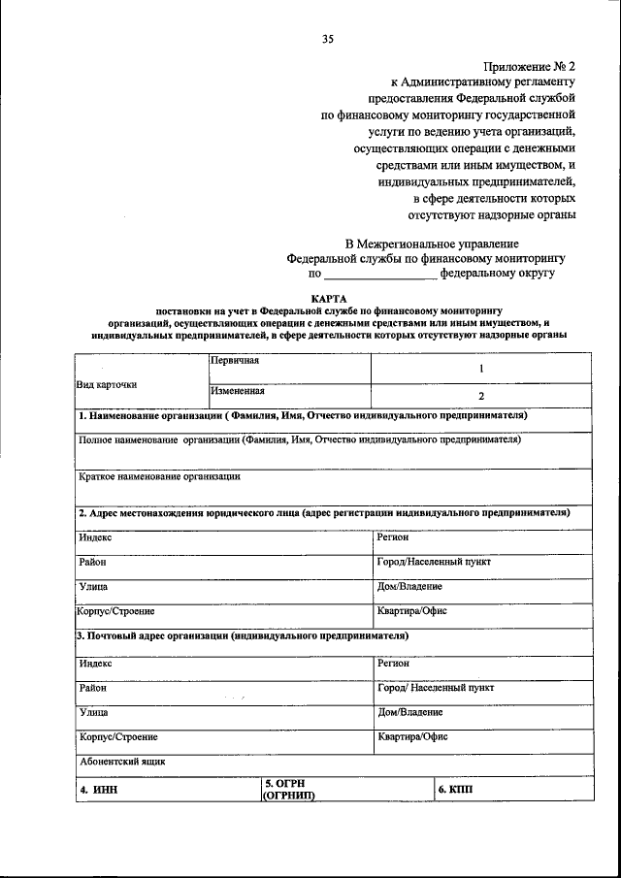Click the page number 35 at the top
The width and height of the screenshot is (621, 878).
point(328,39)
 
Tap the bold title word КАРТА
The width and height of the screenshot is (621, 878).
point(328,298)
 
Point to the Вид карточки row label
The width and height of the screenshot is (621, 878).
point(107,384)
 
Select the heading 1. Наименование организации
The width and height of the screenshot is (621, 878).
point(302,415)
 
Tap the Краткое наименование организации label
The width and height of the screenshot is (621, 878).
point(158,476)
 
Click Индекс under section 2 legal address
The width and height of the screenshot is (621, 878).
point(96,537)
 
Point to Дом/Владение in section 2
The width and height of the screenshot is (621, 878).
point(409,587)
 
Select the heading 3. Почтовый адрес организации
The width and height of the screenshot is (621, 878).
point(242,636)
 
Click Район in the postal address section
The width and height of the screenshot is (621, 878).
point(93,688)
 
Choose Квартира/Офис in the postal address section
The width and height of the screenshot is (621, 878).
point(412,736)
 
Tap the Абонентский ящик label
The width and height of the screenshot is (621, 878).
point(123,762)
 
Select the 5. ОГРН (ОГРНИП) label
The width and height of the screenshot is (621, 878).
point(291,789)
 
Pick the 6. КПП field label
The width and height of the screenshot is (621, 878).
point(455,790)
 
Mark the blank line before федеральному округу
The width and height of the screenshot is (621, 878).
point(379,278)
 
